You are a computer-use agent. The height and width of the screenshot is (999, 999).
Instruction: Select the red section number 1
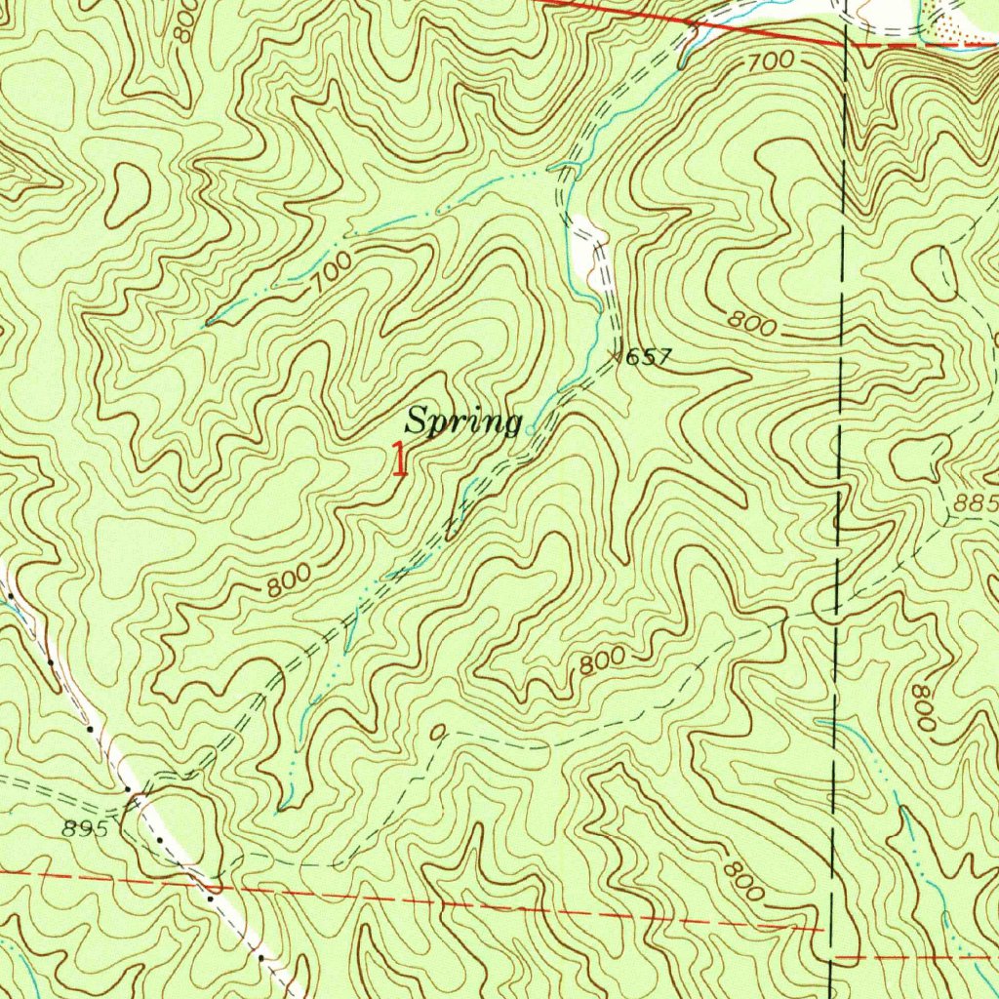click(398, 459)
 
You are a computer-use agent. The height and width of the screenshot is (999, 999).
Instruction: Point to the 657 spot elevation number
click(649, 357)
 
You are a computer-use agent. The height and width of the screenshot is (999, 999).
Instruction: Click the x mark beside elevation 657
click(617, 356)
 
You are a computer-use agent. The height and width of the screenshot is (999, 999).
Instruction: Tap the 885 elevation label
click(977, 504)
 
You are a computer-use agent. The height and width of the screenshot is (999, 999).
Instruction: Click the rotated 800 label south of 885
click(923, 707)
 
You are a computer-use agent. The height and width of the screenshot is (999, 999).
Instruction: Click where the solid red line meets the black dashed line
click(845, 44)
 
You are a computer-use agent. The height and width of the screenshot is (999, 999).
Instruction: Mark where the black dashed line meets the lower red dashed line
click(830, 930)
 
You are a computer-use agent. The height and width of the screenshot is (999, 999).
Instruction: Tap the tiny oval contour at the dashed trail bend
click(438, 732)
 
